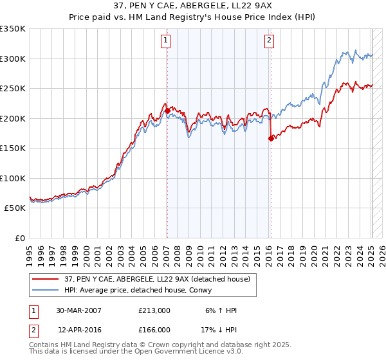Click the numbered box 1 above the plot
(166, 40)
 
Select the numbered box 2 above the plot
(268, 40)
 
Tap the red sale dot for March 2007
(167, 111)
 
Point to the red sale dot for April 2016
(271, 138)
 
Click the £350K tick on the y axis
(12, 29)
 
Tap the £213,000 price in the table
(154, 310)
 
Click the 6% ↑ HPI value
(219, 310)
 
